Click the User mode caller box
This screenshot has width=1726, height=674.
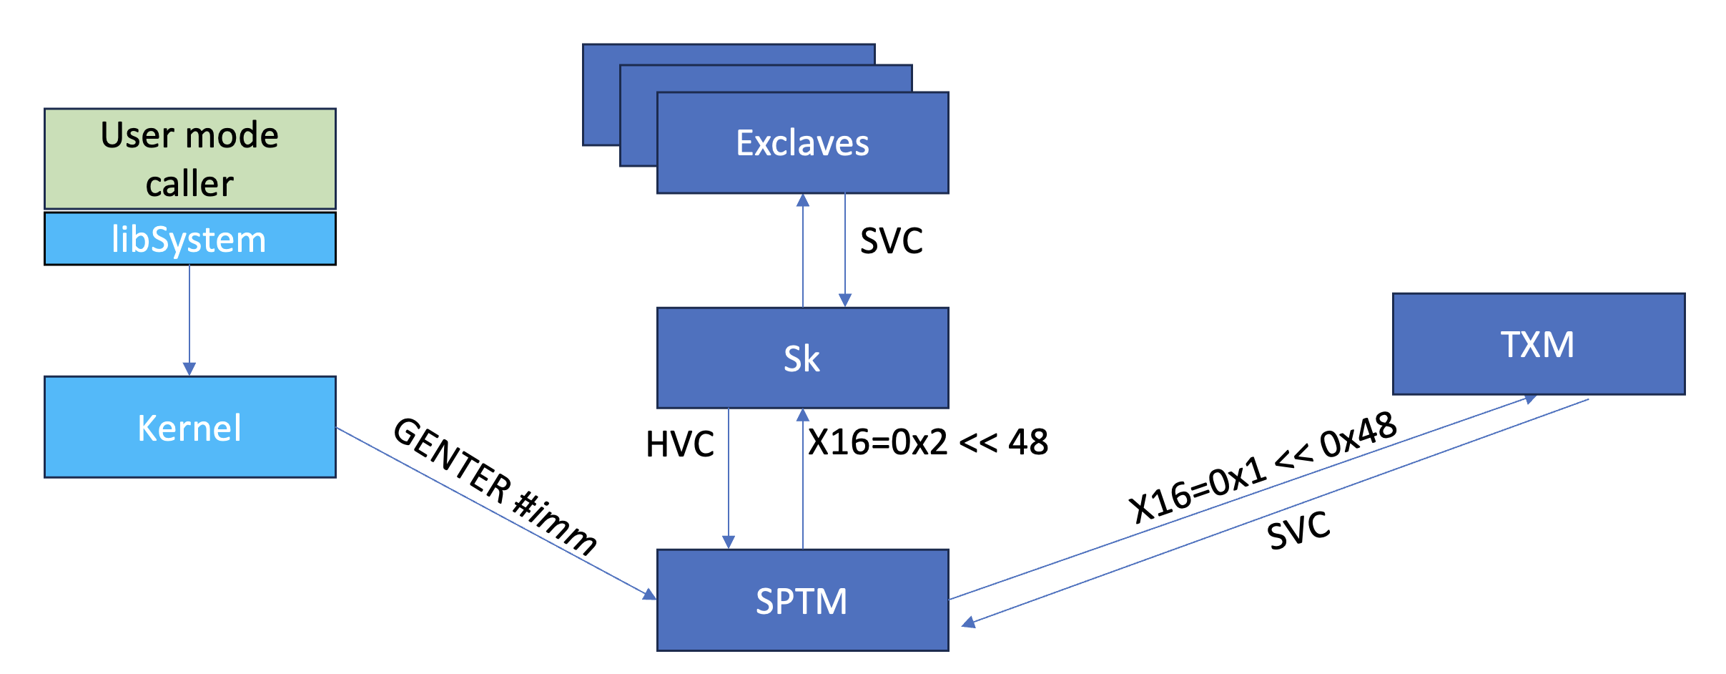coord(189,158)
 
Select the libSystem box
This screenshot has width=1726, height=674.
coord(189,239)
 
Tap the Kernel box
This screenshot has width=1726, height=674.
coord(189,427)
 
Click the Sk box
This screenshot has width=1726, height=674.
coord(802,358)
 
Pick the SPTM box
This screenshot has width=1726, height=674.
coord(802,600)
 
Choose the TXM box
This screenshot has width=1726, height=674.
coord(1538,344)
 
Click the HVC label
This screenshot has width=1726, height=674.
coord(679,444)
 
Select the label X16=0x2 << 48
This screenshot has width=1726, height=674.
coord(928,442)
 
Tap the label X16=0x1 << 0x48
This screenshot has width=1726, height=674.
coord(1263,467)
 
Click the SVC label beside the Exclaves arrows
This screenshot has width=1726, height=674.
coord(891,241)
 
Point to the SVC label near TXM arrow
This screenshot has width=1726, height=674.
coord(1298,530)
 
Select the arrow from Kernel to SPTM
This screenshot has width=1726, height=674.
coord(493,512)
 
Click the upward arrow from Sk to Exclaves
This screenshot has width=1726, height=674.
coord(803,250)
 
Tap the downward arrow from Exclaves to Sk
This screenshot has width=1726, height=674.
coord(845,250)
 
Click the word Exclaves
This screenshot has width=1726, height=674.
coord(802,143)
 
